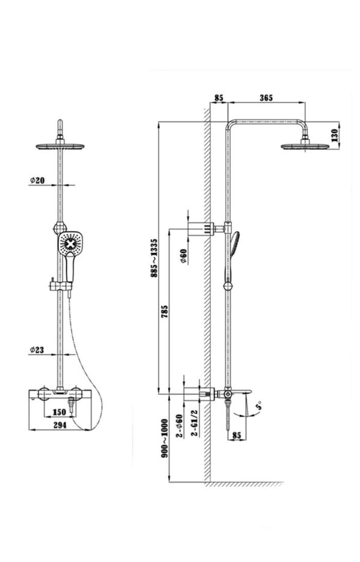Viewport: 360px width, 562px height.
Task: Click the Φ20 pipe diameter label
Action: click(38, 180)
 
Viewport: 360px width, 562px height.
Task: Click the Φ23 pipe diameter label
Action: click(37, 350)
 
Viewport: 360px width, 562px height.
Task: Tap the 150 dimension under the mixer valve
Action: click(60, 412)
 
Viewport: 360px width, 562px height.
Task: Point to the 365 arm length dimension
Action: click(266, 97)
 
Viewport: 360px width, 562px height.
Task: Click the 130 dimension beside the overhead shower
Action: click(335, 135)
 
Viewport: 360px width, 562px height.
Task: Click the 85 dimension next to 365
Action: click(218, 97)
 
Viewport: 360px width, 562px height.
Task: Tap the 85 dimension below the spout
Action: click(237, 435)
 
